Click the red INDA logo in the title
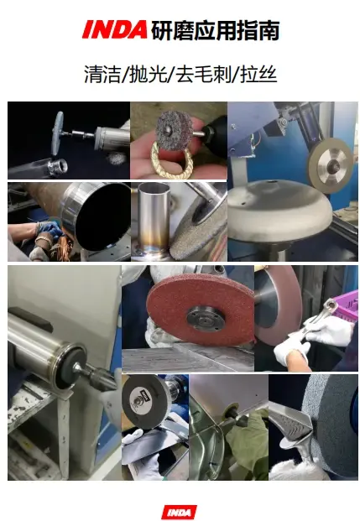115,29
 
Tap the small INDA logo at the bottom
180,512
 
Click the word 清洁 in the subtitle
102,74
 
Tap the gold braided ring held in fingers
171,159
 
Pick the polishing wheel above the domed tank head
330,162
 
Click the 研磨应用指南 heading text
215,30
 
